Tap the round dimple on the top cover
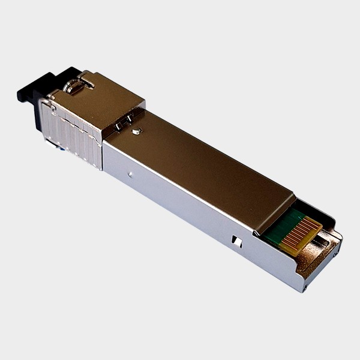coord(137,131)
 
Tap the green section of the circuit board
coord(282,228)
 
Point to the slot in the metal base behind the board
coord(322,240)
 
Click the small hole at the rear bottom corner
coord(304,287)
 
